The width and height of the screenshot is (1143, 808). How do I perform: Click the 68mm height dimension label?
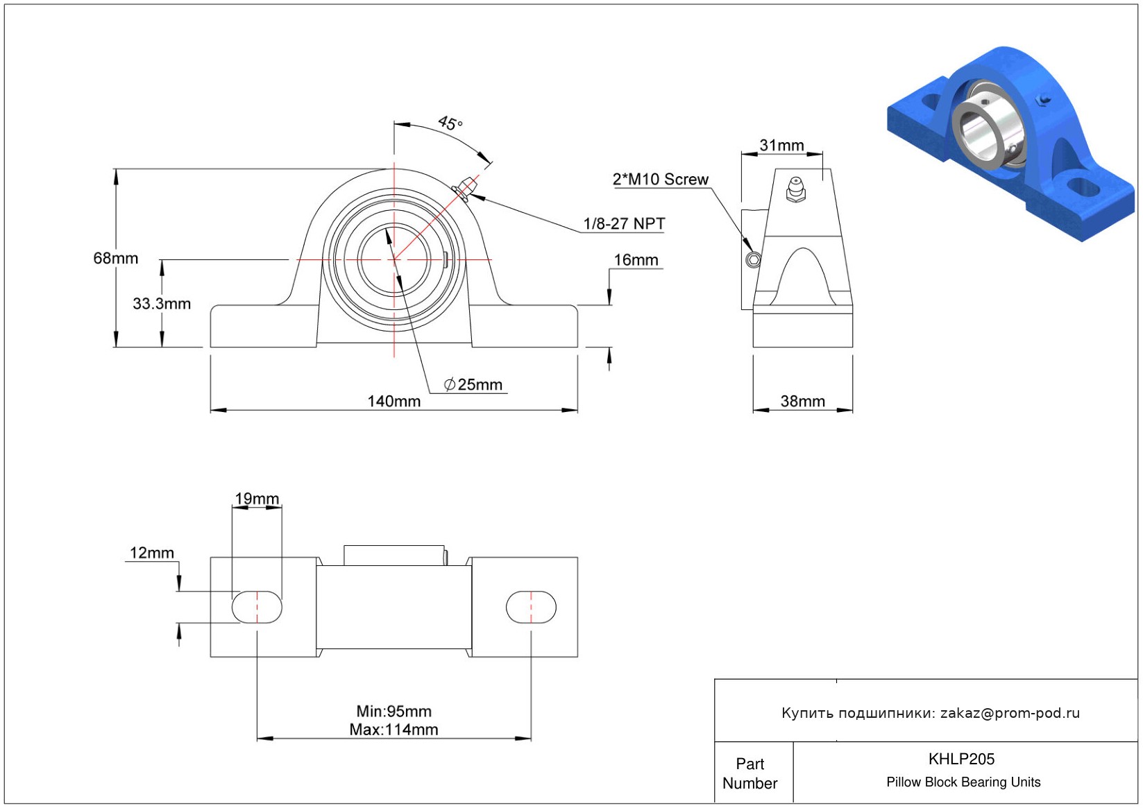pos(116,259)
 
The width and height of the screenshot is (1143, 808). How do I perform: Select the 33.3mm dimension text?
pos(162,304)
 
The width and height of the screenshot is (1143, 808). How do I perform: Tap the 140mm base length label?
pos(393,402)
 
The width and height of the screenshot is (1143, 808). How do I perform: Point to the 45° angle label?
pos(450,123)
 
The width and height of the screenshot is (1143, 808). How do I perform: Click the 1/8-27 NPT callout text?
pos(624,224)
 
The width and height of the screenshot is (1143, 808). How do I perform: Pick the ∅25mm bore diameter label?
pos(473,385)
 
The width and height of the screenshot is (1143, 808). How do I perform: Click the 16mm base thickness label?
pos(636,260)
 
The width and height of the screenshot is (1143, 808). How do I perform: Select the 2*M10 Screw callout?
pos(660,180)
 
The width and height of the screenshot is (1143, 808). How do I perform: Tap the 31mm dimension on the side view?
pos(781,146)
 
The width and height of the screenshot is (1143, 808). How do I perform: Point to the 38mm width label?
pos(802,402)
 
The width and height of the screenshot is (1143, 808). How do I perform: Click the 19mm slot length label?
pos(257,499)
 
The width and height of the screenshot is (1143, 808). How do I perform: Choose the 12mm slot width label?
pos(152,553)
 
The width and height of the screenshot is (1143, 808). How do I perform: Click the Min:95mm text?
pos(393,712)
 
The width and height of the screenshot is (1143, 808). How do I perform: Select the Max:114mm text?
pos(393,730)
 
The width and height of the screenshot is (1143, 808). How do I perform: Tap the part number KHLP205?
pos(961,759)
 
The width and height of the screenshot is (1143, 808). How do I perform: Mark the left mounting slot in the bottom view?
pos(257,608)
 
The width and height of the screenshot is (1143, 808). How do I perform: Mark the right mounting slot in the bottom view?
pos(531,608)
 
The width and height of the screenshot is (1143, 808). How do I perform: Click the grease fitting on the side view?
pos(795,189)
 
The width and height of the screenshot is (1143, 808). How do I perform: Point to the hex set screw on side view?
pos(753,260)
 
